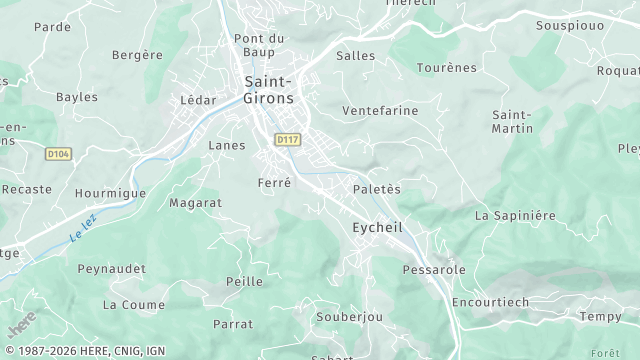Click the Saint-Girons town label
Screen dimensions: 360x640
[x=267, y=90]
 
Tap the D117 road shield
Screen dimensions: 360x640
[x=288, y=140]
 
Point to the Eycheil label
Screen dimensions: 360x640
[x=377, y=228]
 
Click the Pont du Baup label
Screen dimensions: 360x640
[x=260, y=46]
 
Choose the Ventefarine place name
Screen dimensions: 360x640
[x=380, y=111]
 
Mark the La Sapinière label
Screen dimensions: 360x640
[x=514, y=215]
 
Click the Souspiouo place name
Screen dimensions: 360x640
[x=570, y=26]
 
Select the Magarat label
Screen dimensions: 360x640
[x=195, y=203]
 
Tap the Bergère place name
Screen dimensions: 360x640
[x=137, y=55]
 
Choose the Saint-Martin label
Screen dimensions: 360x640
[x=511, y=123]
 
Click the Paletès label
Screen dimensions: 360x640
[x=377, y=189]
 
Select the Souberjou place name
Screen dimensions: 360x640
[x=349, y=317]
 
